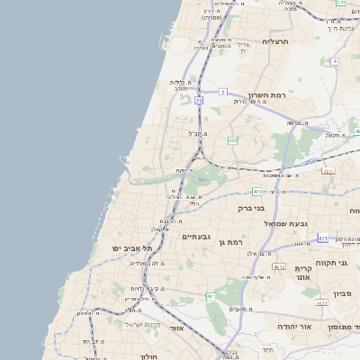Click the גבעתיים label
point(196,237)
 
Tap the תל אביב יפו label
point(129,247)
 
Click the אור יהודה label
point(293,326)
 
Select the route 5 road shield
point(222,92)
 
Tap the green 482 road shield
point(233,140)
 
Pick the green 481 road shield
point(257,191)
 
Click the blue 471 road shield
point(322,238)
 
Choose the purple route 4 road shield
point(334,61)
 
